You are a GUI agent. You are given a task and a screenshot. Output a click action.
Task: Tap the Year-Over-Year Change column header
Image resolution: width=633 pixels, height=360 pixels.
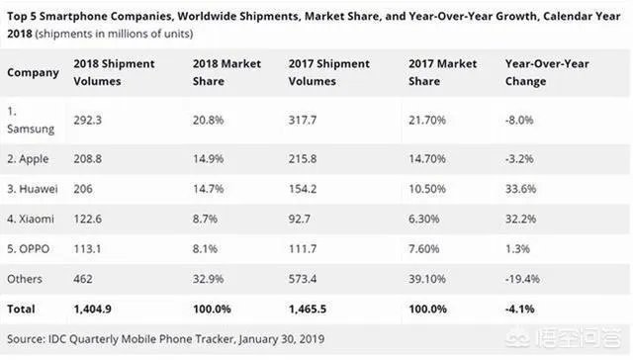[x=546, y=72]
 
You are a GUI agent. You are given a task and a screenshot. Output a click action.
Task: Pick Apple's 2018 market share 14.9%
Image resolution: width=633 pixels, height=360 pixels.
[x=208, y=156]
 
